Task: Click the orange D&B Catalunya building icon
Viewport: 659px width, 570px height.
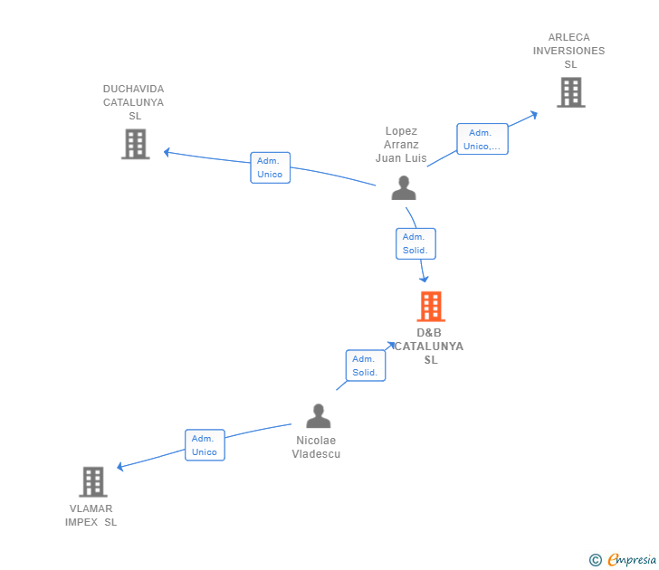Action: click(431, 307)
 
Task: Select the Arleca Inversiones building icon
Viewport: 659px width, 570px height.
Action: click(570, 92)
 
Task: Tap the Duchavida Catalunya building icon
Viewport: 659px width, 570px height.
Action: click(135, 144)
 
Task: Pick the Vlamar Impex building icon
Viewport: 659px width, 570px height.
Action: click(92, 481)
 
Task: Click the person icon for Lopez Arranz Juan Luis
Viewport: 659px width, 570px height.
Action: click(403, 187)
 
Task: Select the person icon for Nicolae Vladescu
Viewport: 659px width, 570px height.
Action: click(318, 416)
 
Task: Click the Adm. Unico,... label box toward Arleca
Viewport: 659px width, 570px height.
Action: click(482, 139)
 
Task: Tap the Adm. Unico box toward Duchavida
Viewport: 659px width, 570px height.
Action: click(270, 167)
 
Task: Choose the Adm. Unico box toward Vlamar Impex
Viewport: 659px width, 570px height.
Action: click(205, 445)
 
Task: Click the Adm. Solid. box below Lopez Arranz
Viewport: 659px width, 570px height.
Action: click(415, 243)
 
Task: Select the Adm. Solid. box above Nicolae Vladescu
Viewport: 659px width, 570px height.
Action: click(365, 366)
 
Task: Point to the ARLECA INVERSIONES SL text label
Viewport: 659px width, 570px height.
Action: click(569, 51)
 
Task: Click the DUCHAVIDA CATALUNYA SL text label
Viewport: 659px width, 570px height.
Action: click(134, 102)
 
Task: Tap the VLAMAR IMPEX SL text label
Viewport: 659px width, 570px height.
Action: click(91, 516)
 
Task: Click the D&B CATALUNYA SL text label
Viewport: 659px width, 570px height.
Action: click(430, 347)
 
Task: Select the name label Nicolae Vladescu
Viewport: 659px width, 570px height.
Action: click(316, 447)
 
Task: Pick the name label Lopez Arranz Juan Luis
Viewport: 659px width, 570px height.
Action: click(401, 145)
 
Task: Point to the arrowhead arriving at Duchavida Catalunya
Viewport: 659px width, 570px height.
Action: click(167, 152)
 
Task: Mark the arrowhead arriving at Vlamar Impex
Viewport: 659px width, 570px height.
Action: click(120, 467)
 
